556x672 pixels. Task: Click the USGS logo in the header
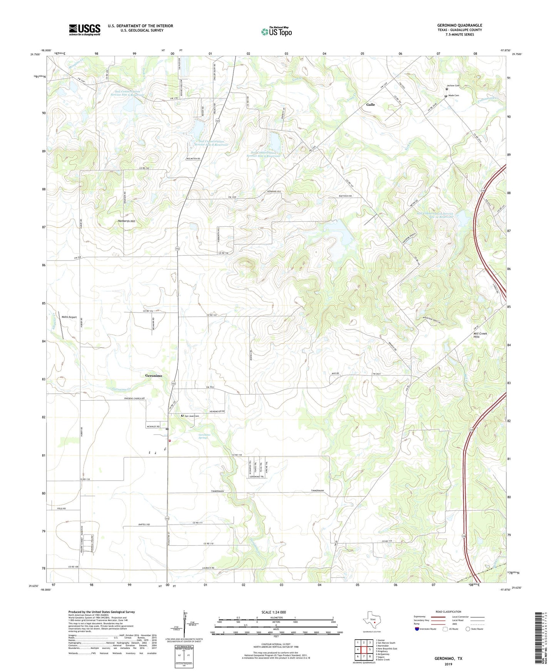tap(84, 30)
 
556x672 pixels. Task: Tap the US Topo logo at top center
tap(276, 32)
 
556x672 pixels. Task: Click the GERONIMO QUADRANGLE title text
tap(459, 25)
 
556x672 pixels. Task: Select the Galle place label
tap(370, 105)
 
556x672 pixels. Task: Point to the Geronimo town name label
tap(154, 376)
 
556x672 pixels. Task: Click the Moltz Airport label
tap(69, 317)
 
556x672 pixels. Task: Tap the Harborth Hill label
tap(127, 221)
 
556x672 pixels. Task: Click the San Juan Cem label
tap(191, 416)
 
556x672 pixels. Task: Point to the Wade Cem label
tap(453, 95)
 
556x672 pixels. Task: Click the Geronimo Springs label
tap(205, 436)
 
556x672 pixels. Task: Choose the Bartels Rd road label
tap(142, 525)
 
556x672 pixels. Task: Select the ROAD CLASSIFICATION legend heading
tap(448, 612)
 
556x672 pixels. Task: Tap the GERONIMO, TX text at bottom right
tap(448, 659)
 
